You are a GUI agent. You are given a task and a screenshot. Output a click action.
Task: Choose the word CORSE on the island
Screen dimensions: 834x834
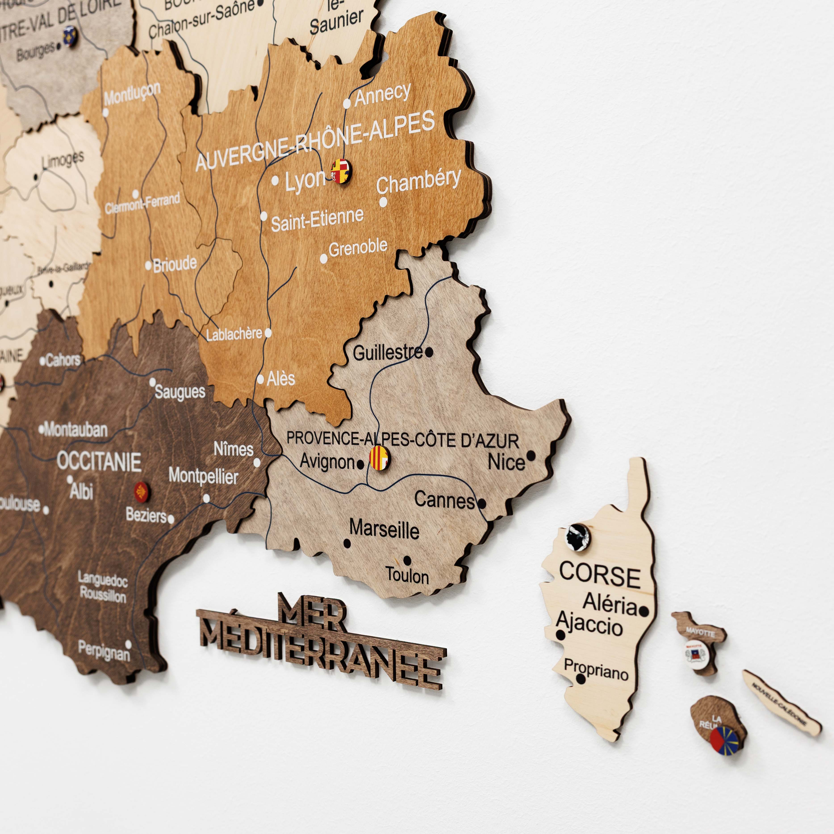600,575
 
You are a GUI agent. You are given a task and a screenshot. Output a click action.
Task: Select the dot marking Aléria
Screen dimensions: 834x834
644,611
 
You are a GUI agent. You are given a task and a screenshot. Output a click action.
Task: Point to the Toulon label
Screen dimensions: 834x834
407,575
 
